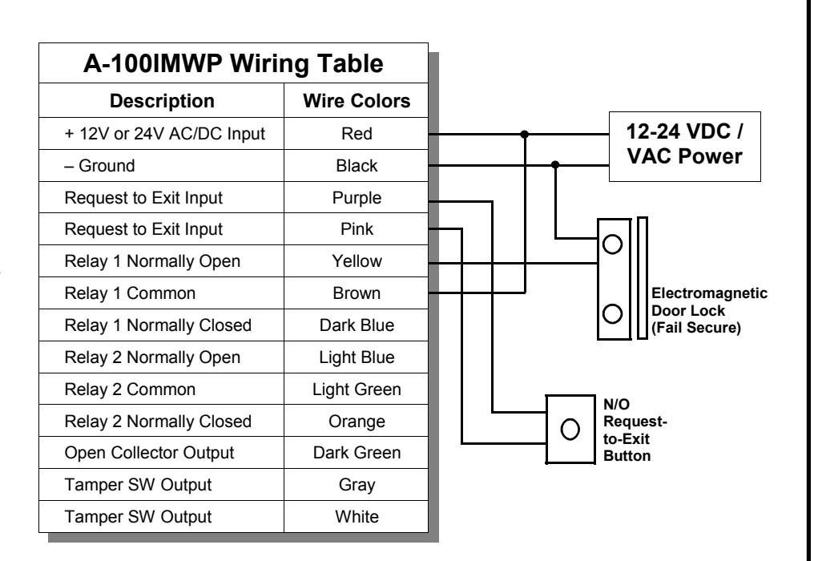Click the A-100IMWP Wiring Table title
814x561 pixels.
click(233, 64)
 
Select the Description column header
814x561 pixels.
click(162, 101)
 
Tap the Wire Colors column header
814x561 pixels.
click(357, 101)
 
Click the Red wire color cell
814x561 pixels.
click(357, 134)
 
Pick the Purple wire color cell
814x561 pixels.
click(357, 198)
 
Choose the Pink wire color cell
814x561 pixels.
click(357, 229)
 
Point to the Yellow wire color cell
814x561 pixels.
click(357, 260)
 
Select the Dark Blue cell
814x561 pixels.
click(357, 325)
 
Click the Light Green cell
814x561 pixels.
click(357, 389)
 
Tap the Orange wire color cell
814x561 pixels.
click(357, 422)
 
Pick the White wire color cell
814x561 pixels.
click(357, 517)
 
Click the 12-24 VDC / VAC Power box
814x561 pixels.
click(685, 147)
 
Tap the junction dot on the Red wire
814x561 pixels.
click(524, 134)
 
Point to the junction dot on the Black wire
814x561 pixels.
click(555, 164)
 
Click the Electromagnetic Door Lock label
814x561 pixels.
click(709, 311)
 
